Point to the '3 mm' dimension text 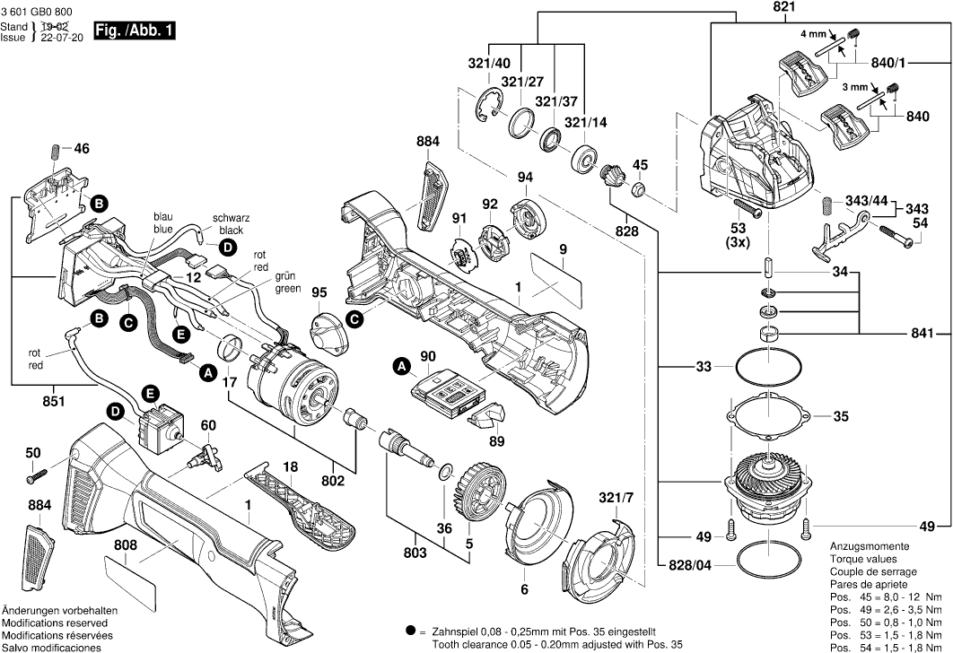[x=853, y=88]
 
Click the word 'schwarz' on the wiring [x=231, y=218]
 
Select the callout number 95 [x=319, y=292]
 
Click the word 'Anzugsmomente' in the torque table [x=868, y=546]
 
